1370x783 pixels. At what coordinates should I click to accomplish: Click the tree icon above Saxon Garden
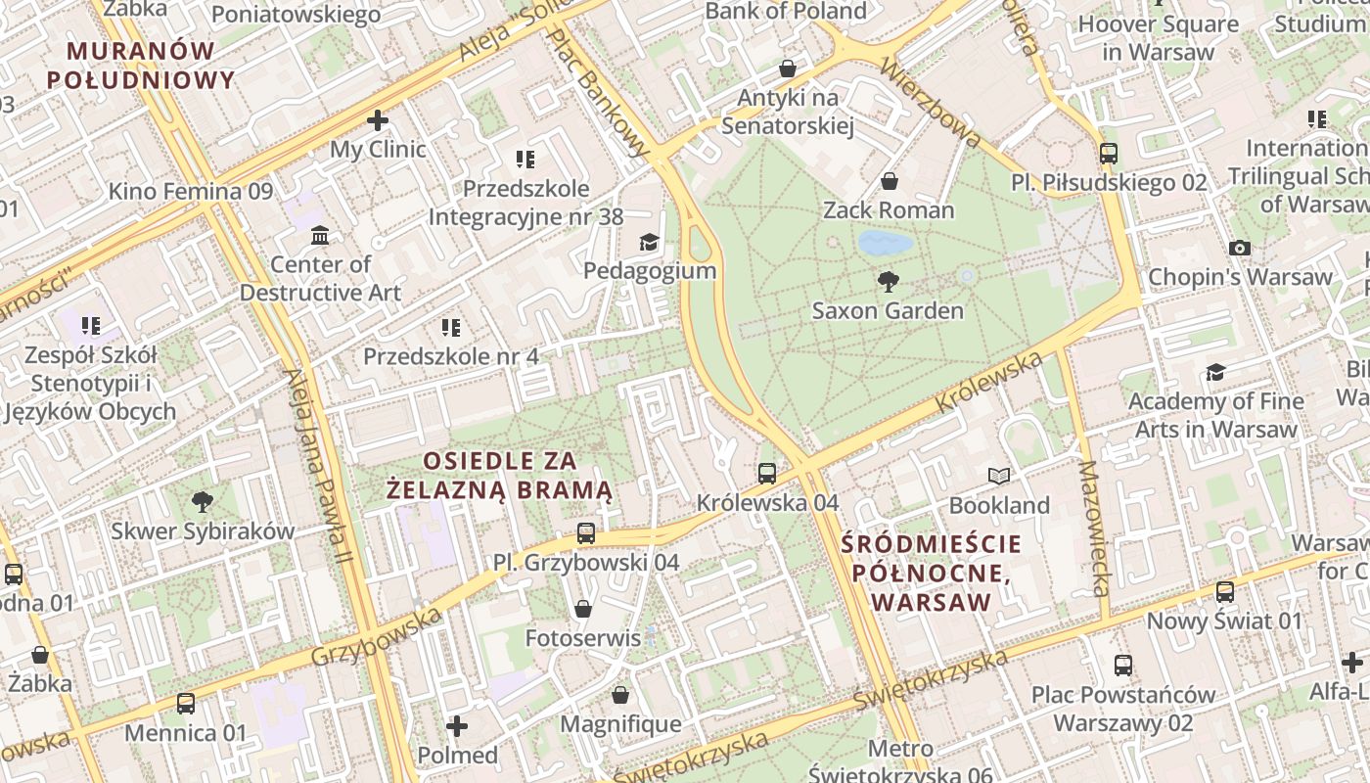click(889, 282)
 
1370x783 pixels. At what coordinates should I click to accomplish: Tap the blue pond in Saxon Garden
click(885, 243)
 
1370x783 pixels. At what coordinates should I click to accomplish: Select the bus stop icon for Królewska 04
click(767, 474)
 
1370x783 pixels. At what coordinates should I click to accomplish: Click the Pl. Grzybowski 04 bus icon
click(585, 533)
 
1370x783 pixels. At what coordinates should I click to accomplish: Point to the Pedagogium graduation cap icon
click(649, 243)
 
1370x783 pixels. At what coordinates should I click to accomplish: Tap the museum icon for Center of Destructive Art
click(320, 236)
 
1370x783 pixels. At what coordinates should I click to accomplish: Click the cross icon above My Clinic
click(378, 121)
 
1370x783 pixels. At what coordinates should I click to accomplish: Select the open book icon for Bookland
click(998, 477)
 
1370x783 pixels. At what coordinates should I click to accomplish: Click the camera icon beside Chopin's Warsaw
click(1240, 249)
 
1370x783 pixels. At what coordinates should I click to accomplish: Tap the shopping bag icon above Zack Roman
click(890, 181)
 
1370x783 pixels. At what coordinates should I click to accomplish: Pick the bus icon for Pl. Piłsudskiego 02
click(1108, 154)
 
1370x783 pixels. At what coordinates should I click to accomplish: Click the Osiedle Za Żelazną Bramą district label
click(499, 475)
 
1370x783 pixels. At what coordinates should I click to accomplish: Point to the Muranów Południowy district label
click(141, 65)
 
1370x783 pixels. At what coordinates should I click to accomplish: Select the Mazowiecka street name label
click(1094, 529)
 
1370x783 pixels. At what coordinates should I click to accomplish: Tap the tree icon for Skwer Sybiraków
click(203, 503)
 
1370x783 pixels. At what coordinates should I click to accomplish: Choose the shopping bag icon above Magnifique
click(619, 696)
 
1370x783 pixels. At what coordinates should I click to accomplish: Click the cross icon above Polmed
click(457, 726)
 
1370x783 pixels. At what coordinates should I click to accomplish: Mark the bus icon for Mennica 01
click(186, 704)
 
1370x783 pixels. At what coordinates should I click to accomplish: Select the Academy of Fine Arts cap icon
click(1215, 372)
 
